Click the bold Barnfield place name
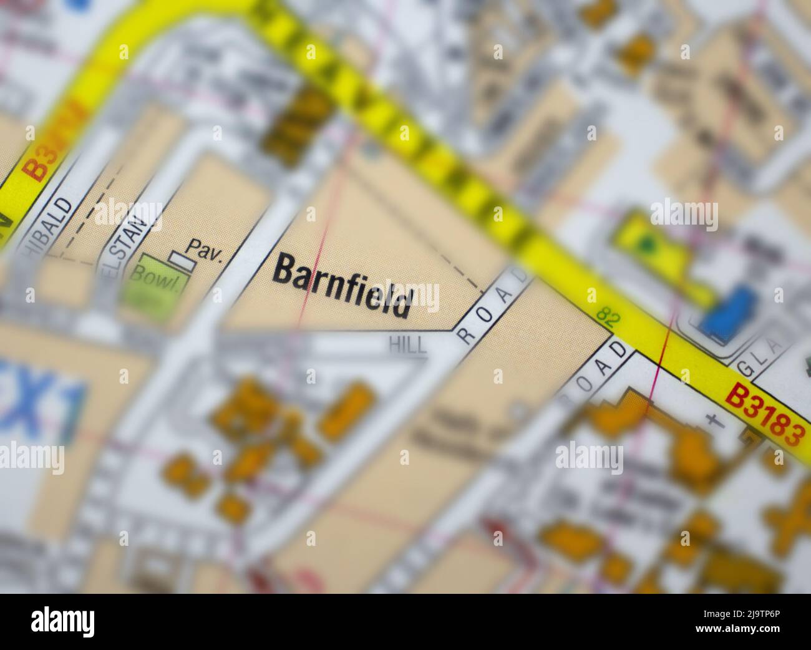coord(344,286)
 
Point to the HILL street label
coord(408,344)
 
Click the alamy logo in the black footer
coord(63,621)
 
